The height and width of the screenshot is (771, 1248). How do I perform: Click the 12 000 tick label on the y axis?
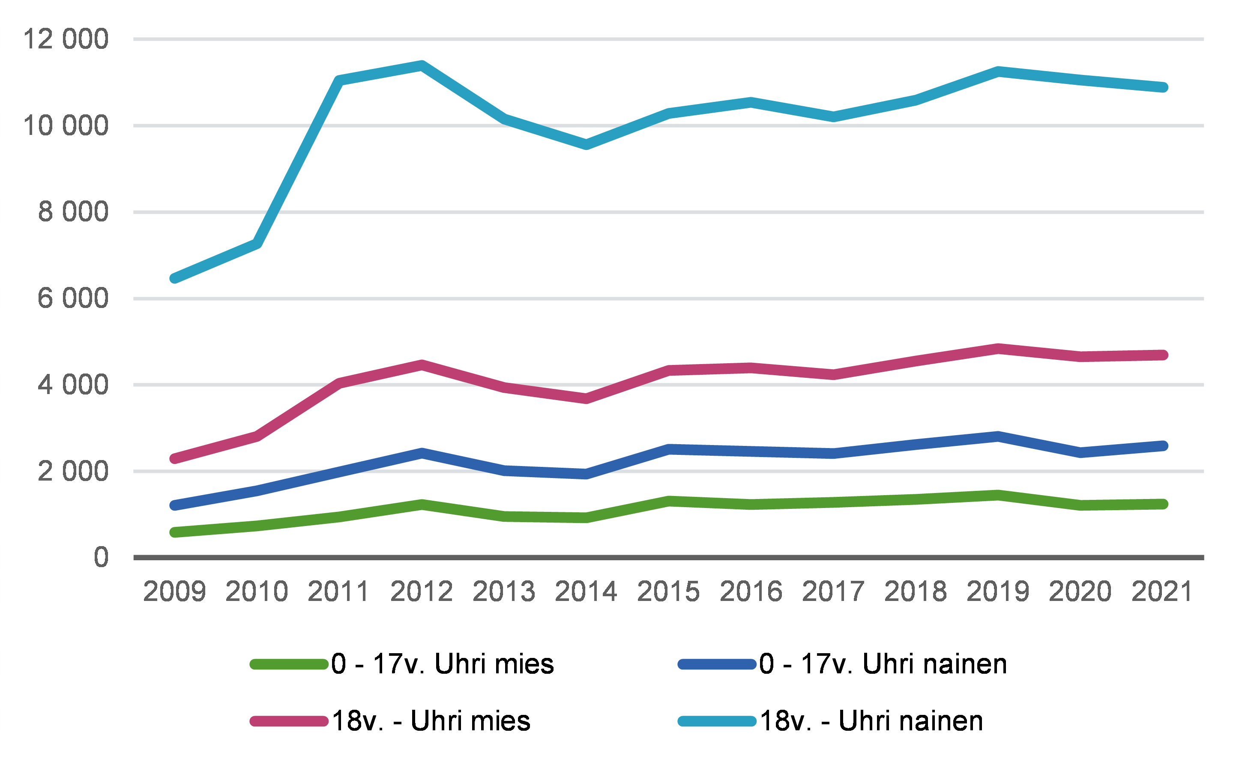click(65, 39)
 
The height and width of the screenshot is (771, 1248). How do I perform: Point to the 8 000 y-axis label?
click(73, 212)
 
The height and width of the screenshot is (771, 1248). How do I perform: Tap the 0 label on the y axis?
click(101, 557)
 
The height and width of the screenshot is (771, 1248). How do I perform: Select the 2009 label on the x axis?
click(174, 592)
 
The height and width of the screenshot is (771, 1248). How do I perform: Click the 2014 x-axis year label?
click(586, 592)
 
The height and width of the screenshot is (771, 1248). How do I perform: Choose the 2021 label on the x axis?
click(1162, 592)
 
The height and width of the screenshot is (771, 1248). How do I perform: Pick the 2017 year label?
click(833, 592)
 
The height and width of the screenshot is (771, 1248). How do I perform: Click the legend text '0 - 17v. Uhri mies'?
click(442, 664)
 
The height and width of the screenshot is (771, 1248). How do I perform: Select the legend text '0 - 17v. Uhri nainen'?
click(883, 664)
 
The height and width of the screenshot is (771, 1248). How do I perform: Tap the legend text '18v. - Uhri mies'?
click(431, 721)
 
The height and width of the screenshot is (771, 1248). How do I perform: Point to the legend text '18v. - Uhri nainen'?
click(871, 721)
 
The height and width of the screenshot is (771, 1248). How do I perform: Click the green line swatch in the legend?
click(289, 664)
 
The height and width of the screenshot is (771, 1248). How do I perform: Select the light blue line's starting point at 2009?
click(175, 278)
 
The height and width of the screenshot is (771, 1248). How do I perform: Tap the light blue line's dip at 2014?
click(587, 144)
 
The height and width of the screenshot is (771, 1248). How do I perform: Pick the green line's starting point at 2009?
click(175, 532)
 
